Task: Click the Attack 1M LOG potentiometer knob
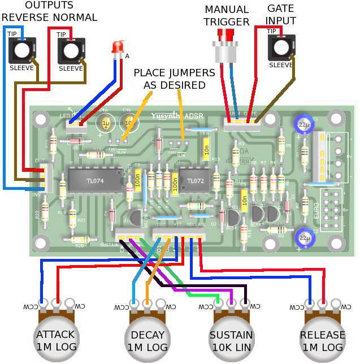point(55,337)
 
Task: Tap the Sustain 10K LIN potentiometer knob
point(231,337)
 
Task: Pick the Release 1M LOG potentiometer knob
point(322,337)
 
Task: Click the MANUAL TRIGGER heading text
point(227,16)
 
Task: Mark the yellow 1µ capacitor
point(106,124)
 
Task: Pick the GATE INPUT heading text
point(281,15)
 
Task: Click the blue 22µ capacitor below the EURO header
point(305,236)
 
